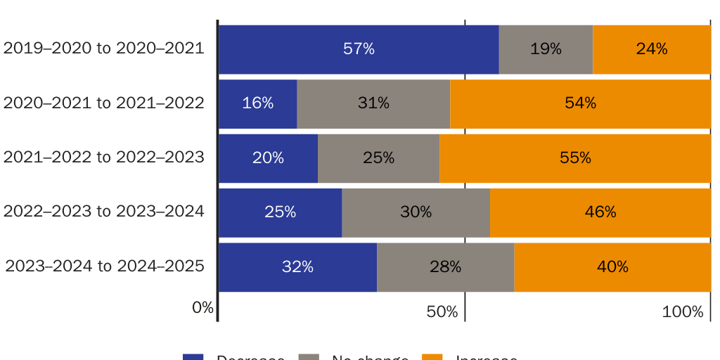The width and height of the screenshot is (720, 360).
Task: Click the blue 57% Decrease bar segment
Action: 359,49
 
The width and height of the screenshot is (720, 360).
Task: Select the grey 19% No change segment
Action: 546,49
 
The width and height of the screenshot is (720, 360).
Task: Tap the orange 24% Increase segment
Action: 652,49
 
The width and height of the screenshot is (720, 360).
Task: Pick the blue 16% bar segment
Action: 257,103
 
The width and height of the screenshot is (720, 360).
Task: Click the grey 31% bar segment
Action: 373,103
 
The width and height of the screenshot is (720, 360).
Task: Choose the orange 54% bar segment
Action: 581,103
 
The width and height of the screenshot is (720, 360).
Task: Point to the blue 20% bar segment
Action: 268,158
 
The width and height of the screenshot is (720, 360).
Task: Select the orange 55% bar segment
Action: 575,158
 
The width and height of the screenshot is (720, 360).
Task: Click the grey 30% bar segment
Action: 416,212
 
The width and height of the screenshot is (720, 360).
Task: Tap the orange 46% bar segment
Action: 600,212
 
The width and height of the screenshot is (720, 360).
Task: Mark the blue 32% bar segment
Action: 297,267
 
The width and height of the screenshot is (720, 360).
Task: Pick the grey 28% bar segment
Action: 445,267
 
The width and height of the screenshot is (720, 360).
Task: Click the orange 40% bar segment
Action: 612,267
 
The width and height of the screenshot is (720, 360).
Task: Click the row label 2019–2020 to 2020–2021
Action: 104,49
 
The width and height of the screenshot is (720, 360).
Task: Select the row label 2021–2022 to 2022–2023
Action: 104,157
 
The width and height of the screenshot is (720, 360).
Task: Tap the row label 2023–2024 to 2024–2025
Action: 105,266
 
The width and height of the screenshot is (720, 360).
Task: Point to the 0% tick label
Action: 202,307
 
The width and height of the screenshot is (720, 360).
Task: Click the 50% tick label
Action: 442,311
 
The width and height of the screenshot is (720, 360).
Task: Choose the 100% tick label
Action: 683,311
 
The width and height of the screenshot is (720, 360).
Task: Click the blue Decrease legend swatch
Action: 193,356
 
